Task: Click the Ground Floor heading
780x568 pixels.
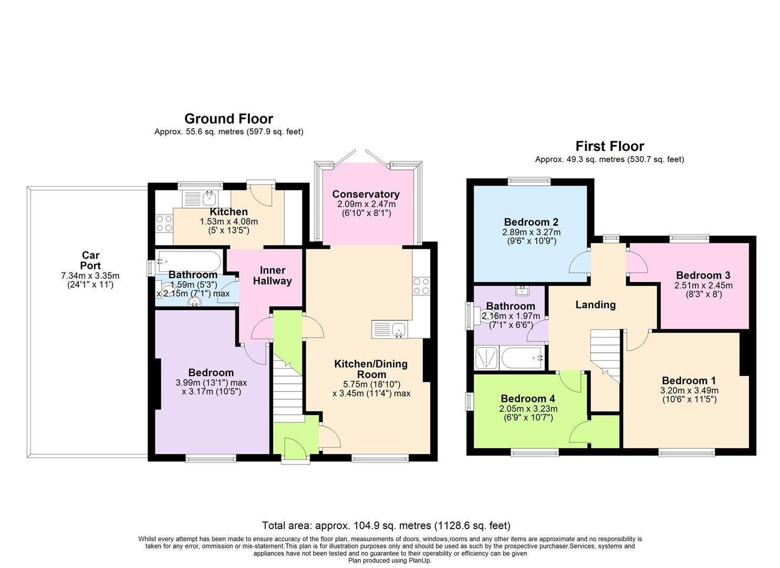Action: pyautogui.click(x=228, y=119)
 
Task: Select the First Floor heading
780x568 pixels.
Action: pyautogui.click(x=609, y=146)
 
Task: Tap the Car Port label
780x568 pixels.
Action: pyautogui.click(x=90, y=261)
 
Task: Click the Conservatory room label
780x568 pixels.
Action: pyautogui.click(x=366, y=194)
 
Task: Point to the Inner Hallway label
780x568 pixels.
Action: pyautogui.click(x=272, y=276)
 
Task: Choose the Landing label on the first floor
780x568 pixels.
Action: pyautogui.click(x=595, y=305)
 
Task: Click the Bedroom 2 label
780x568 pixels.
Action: pyautogui.click(x=531, y=222)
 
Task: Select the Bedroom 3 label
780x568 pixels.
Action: pyautogui.click(x=703, y=275)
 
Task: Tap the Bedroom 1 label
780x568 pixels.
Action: pyautogui.click(x=689, y=380)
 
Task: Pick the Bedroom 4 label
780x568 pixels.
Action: pyautogui.click(x=527, y=399)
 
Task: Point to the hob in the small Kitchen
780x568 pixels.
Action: pyautogui.click(x=164, y=225)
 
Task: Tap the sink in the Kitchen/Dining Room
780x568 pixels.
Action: pyautogui.click(x=399, y=330)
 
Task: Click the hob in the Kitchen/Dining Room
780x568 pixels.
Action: pyautogui.click(x=421, y=286)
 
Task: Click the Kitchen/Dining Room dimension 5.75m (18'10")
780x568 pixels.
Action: pyautogui.click(x=371, y=384)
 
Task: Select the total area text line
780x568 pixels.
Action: pyautogui.click(x=386, y=525)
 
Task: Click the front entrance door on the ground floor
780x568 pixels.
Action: pyautogui.click(x=295, y=450)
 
